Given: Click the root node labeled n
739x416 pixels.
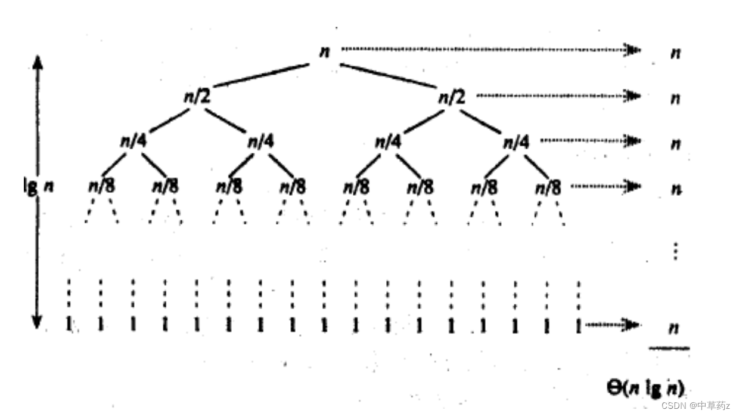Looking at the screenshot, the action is [x=324, y=51].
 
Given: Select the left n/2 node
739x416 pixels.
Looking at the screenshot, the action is [x=196, y=96].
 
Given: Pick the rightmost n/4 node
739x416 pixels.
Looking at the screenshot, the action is [x=516, y=142].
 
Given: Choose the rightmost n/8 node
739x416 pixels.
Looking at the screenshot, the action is [x=548, y=187].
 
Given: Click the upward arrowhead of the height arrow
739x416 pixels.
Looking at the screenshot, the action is [x=38, y=60].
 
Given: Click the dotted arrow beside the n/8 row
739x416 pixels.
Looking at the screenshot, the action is [x=605, y=186].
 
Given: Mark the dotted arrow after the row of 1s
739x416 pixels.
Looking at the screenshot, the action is [x=613, y=325].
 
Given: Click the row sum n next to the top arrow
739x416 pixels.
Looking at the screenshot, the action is [x=675, y=53].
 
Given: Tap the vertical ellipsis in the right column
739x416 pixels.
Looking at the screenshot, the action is [x=675, y=251].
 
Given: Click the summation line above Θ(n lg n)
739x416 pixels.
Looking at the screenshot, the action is [x=669, y=347].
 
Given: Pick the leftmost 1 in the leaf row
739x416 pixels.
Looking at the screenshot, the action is [x=69, y=325].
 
